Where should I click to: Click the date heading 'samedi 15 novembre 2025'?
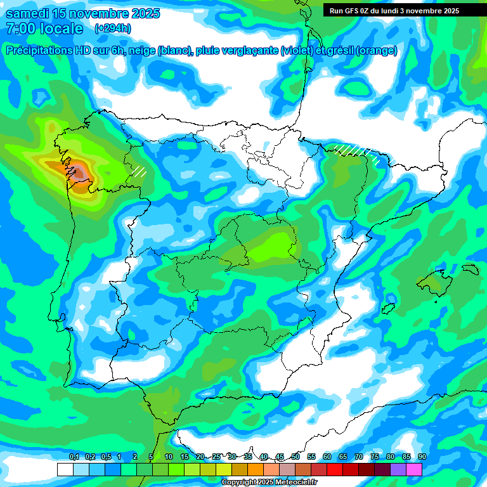pyautogui.click(x=82, y=13)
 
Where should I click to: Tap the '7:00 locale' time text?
pyautogui.click(x=44, y=29)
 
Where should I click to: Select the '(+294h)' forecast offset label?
pyautogui.click(x=113, y=29)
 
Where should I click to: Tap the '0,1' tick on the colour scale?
pyautogui.click(x=74, y=457)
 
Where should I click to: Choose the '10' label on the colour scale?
pyautogui.click(x=169, y=457)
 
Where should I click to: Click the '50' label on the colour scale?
pyautogui.click(x=295, y=457)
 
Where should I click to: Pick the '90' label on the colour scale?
pyautogui.click(x=422, y=457)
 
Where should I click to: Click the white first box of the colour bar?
pyautogui.click(x=65, y=469)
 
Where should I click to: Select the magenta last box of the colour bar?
pyautogui.click(x=414, y=469)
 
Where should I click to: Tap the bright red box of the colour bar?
pyautogui.click(x=335, y=469)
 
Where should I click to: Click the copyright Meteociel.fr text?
pyautogui.click(x=269, y=483)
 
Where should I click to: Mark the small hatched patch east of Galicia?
pyautogui.click(x=138, y=171)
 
